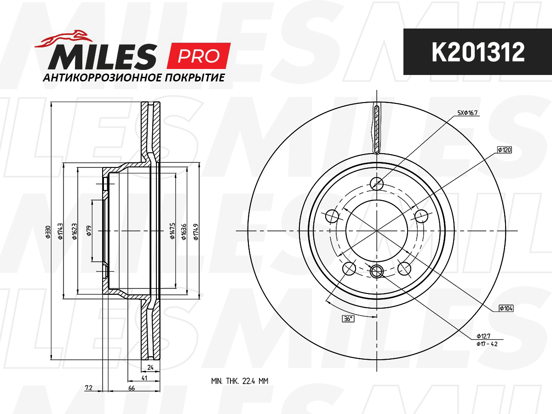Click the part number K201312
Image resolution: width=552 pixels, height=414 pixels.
click(x=478, y=52)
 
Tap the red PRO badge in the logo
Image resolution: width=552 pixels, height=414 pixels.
click(x=199, y=56)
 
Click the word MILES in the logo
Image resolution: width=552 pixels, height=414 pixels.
click(x=103, y=57)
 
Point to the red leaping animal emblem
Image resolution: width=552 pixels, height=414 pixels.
click(x=63, y=39)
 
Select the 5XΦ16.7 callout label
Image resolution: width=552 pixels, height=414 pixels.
click(x=467, y=113)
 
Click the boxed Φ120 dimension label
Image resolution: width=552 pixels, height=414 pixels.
click(x=505, y=150)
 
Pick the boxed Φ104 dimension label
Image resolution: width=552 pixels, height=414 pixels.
click(x=506, y=308)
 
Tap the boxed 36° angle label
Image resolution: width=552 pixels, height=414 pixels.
click(x=348, y=319)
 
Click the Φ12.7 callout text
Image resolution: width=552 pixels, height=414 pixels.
click(x=483, y=336)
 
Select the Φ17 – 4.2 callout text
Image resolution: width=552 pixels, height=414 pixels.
click(x=487, y=344)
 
